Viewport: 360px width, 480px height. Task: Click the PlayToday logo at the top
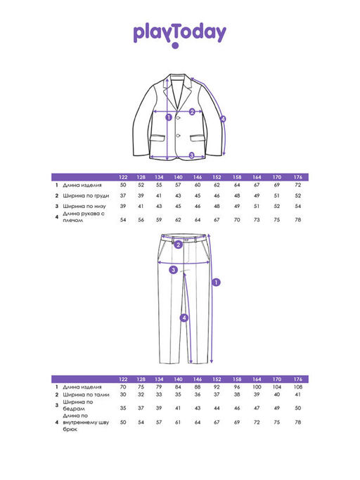[180, 34]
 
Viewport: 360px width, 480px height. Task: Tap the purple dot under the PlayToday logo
[175, 46]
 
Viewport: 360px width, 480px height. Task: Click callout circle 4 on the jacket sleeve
[223, 119]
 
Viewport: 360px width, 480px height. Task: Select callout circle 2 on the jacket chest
[192, 112]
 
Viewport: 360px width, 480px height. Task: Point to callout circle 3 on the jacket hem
[192, 155]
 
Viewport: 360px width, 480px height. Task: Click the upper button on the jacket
[178, 117]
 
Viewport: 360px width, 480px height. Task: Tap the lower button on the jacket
[178, 136]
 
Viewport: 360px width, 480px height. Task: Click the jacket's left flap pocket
[157, 138]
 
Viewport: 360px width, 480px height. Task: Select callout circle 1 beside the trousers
[217, 282]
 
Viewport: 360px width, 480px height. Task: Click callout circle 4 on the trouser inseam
[184, 318]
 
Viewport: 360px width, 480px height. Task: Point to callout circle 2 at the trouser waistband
[179, 245]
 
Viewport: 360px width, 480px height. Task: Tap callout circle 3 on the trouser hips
[174, 270]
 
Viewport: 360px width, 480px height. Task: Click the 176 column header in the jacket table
[298, 177]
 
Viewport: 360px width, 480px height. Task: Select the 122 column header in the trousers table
[123, 379]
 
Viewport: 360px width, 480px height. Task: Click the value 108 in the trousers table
[298, 387]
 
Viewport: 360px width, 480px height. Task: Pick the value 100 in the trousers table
[257, 387]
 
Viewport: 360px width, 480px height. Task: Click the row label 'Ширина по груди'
[86, 195]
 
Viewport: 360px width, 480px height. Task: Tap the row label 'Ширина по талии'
[86, 394]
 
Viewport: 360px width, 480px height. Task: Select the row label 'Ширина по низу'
[84, 206]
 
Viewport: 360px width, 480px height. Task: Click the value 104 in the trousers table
[277, 387]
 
